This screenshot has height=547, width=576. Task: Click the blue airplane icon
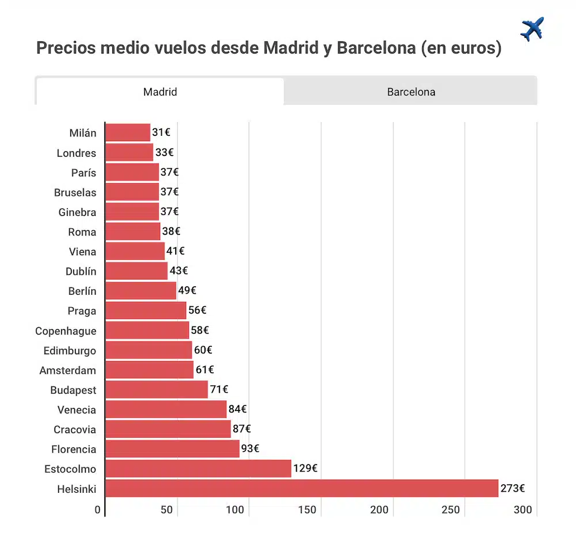tap(532, 29)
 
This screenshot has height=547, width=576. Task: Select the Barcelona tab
tap(411, 92)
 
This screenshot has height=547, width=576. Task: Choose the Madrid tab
tap(160, 92)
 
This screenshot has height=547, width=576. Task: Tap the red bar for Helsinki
tap(301, 488)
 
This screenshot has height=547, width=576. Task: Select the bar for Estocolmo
tap(198, 469)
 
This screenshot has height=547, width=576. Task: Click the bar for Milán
tap(127, 132)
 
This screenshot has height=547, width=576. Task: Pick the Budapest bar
tap(156, 390)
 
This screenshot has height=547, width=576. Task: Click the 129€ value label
tap(305, 469)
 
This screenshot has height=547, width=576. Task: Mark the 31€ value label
tap(161, 132)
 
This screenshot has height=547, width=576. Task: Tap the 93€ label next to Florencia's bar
tap(250, 449)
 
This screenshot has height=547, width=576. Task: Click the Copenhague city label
tap(66, 331)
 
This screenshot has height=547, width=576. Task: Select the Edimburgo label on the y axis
tap(70, 351)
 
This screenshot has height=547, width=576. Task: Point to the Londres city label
tap(76, 153)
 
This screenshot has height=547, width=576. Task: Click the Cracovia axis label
tap(75, 430)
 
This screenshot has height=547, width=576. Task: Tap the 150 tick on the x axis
tap(308, 510)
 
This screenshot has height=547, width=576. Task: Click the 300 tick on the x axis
tap(523, 510)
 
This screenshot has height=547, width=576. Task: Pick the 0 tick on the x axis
tap(97, 510)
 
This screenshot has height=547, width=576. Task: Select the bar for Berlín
tap(141, 291)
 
